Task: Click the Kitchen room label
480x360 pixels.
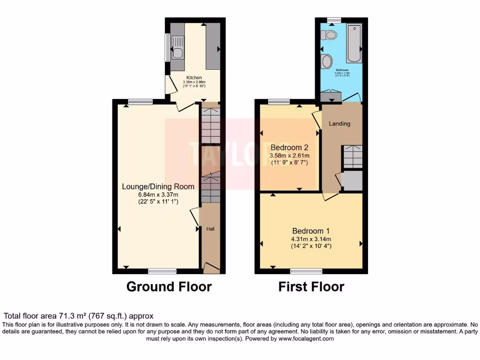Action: [x=194, y=77]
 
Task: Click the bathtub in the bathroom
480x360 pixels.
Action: [x=354, y=44]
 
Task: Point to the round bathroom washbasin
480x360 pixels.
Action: [x=327, y=61]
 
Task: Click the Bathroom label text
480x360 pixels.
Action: [x=342, y=70]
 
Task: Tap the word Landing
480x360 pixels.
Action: [x=339, y=124]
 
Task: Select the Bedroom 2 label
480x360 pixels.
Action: [x=289, y=147]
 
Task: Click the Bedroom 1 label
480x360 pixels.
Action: [x=311, y=231]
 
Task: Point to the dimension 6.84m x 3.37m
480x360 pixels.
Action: [x=157, y=194]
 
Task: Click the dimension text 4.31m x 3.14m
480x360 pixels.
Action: [x=311, y=239]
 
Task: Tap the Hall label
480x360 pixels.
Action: [x=210, y=229]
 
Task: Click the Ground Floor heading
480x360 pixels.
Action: [x=169, y=286]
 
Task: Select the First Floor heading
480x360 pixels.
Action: [x=311, y=286]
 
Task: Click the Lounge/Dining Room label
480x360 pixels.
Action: [x=158, y=187]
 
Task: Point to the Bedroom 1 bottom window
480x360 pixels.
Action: [x=306, y=271]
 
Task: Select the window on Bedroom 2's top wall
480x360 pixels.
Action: [x=279, y=101]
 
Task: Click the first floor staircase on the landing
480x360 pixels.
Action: [x=352, y=157]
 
